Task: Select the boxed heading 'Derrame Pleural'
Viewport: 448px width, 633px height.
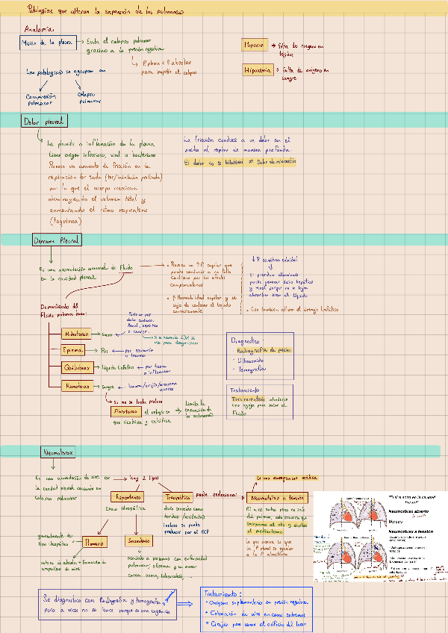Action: point(57,240)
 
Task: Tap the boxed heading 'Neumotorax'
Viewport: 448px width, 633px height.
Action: point(57,452)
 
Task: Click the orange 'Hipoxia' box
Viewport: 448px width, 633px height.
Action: point(255,46)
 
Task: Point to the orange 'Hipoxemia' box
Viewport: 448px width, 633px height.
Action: point(258,70)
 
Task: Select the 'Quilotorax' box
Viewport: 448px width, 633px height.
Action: point(78,367)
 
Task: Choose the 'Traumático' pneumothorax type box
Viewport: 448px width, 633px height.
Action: point(178,496)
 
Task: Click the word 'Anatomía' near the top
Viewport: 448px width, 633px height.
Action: point(38,28)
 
